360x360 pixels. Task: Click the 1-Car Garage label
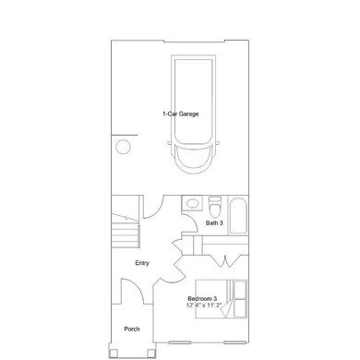[x=180, y=114]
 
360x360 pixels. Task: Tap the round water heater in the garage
[x=123, y=146]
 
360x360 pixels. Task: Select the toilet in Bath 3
[x=214, y=202]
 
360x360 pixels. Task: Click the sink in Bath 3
[x=191, y=203]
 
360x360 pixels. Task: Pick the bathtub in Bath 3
[x=237, y=216]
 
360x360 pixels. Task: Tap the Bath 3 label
[x=214, y=222]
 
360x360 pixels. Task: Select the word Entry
[x=142, y=263]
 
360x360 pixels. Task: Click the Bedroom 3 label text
[x=202, y=298]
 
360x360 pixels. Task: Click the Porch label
[x=132, y=329]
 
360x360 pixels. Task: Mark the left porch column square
[x=114, y=351]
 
